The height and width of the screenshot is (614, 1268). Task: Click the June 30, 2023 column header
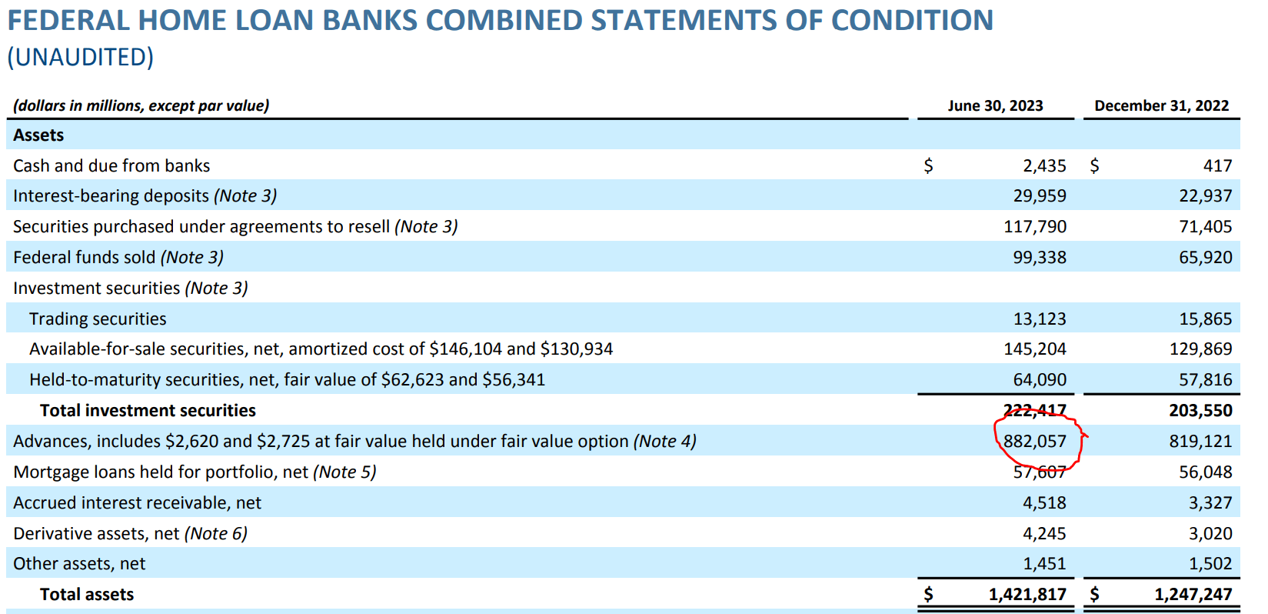pyautogui.click(x=995, y=105)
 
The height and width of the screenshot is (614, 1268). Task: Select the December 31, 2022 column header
pyautogui.click(x=1161, y=105)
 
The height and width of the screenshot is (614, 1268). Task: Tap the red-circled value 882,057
pyautogui.click(x=1035, y=441)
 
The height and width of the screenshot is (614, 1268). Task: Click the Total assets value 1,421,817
pyautogui.click(x=1027, y=594)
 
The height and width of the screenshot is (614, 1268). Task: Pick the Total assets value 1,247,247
pyautogui.click(x=1193, y=594)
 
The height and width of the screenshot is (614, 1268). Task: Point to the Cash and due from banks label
pyautogui.click(x=111, y=165)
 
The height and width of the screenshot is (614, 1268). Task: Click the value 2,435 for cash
pyautogui.click(x=1044, y=165)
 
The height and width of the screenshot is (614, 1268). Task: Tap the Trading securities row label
pyautogui.click(x=98, y=319)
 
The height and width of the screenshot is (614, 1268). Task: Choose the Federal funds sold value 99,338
pyautogui.click(x=1039, y=257)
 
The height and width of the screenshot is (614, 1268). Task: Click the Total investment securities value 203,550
pyautogui.click(x=1200, y=410)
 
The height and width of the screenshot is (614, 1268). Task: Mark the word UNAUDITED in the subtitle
pyautogui.click(x=81, y=57)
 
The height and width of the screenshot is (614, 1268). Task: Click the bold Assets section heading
pyautogui.click(x=38, y=135)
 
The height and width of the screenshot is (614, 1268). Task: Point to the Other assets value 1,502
pyautogui.click(x=1210, y=563)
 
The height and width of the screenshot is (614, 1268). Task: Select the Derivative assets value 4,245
pyautogui.click(x=1044, y=533)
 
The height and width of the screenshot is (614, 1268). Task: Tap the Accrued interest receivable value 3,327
pyautogui.click(x=1210, y=502)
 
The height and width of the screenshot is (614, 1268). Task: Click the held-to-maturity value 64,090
pyautogui.click(x=1039, y=379)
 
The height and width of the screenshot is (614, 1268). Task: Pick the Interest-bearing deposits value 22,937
pyautogui.click(x=1205, y=195)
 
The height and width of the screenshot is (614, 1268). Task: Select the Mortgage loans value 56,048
pyautogui.click(x=1205, y=472)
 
